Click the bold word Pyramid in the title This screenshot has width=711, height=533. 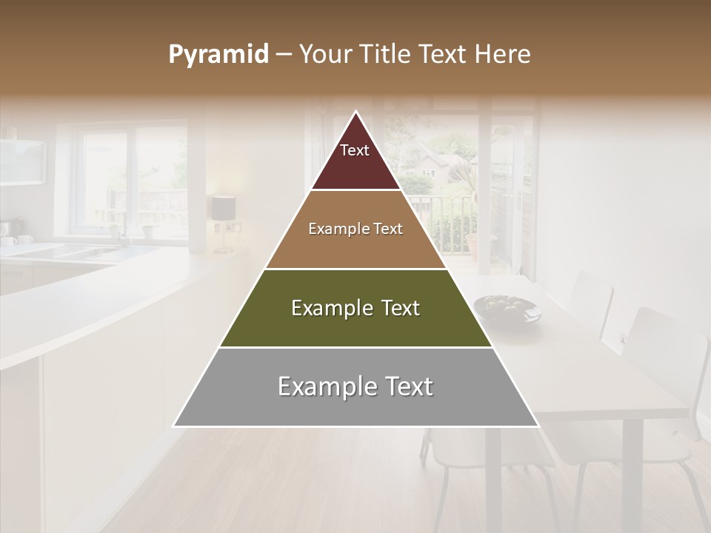coord(218,55)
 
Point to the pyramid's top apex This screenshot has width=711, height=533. coord(355,112)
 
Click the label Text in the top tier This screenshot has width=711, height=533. coord(355,150)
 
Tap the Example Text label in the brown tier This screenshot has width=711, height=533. coord(355,229)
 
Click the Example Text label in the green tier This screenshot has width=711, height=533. coord(355,308)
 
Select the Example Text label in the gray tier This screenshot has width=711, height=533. coord(355,386)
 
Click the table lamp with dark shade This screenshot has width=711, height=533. coord(223,209)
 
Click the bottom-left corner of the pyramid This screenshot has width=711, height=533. coord(173,426)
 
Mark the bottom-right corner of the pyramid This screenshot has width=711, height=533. coord(538,426)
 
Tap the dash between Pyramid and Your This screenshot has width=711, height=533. coord(284,55)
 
